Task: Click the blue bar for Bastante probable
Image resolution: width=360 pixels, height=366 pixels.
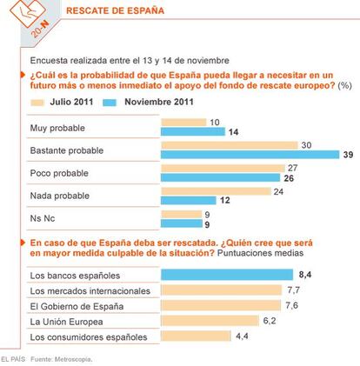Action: (250, 155)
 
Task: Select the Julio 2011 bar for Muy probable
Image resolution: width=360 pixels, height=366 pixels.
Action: (183, 123)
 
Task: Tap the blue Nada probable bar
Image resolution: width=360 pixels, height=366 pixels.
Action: (189, 200)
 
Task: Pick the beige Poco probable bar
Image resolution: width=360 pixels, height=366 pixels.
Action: (223, 168)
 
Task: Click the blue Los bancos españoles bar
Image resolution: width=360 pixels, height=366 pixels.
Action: (227, 275)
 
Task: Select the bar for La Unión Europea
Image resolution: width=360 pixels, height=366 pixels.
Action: (210, 321)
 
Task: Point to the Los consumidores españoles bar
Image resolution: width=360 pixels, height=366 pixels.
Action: (196, 336)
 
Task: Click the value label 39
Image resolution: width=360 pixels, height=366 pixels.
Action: (348, 155)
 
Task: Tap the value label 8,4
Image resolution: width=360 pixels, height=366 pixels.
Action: (305, 275)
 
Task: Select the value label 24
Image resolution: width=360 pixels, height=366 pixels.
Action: (278, 191)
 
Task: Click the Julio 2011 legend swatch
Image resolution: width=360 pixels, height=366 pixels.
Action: (37, 103)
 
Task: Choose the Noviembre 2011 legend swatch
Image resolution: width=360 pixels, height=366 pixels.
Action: (110, 103)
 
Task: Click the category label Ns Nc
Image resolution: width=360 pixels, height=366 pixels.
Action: (43, 218)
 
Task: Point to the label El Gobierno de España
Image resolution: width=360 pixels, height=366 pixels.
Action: (77, 306)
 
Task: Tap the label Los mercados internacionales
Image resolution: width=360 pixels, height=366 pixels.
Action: (90, 291)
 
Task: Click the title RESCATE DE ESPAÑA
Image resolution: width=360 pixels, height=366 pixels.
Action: (115, 10)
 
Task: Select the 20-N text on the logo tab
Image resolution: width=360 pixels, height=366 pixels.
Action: (40, 30)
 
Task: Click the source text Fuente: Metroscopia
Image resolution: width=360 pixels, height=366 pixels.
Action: (62, 359)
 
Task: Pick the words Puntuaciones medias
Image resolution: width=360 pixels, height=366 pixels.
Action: (260, 253)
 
